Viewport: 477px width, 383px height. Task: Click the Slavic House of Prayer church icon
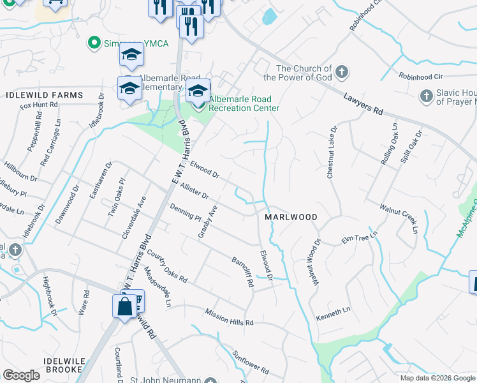coord(426,96)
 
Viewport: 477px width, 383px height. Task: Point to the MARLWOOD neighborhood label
coord(291,217)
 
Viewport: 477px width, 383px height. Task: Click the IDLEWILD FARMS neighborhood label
coord(45,95)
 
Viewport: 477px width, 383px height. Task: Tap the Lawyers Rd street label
coord(363,105)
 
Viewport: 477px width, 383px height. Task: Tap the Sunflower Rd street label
coord(251,362)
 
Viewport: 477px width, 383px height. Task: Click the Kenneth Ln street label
coord(334,310)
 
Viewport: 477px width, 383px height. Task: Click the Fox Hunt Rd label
coord(39,105)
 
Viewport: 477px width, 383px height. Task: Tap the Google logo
coord(21,375)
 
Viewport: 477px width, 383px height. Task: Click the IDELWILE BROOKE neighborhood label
coord(62,365)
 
